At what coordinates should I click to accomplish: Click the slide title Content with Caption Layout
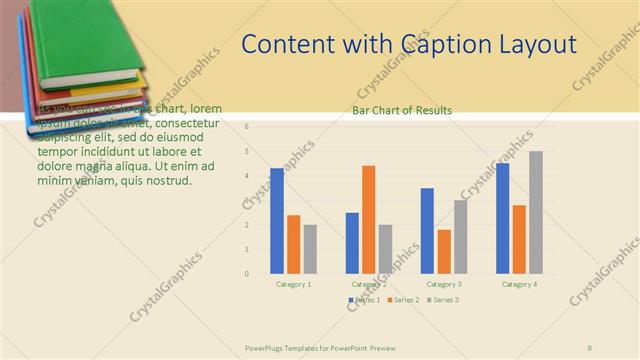[x=409, y=45]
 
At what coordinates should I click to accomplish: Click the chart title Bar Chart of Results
[x=402, y=110]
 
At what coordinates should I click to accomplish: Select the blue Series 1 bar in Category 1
[x=277, y=220]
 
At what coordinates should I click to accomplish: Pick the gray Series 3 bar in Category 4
[x=536, y=212]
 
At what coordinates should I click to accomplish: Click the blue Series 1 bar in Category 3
[x=427, y=230]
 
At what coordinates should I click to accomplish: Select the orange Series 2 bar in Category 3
[x=444, y=251]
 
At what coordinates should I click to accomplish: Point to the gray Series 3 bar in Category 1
[x=310, y=248]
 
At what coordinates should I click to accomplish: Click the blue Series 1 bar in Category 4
[x=502, y=218]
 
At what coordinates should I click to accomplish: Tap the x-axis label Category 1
[x=293, y=284]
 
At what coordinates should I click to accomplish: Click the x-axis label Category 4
[x=518, y=284]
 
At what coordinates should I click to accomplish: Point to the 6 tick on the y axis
[x=247, y=127]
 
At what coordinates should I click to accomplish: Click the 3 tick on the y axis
[x=247, y=200]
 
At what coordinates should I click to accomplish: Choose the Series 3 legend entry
[x=442, y=300]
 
